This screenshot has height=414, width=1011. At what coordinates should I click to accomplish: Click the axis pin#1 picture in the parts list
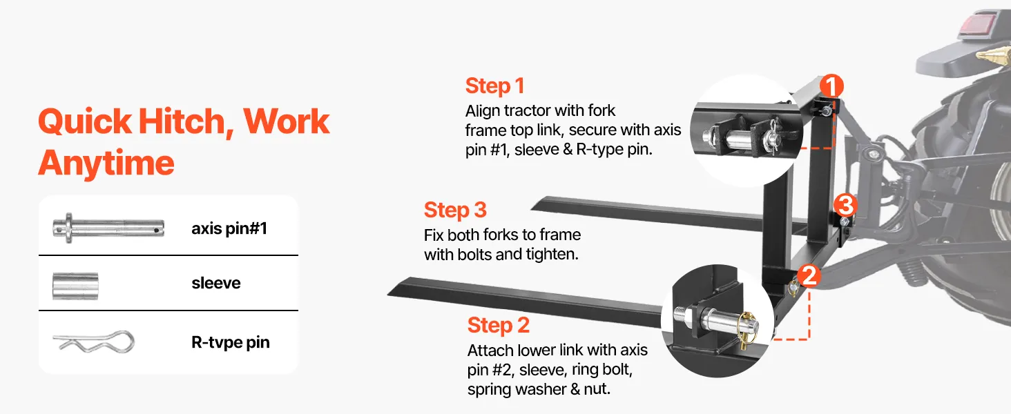108,228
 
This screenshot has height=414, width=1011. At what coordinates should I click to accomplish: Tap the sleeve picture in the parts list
75,286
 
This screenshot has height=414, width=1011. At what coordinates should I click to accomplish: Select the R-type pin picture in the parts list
94,342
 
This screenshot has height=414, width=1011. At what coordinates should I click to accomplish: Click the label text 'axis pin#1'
229,228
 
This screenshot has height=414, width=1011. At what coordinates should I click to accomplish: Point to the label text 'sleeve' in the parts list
216,283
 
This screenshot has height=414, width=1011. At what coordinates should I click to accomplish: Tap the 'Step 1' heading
494,86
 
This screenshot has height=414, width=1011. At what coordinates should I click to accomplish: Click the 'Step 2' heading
499,325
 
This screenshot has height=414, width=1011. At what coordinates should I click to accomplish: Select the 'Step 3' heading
455,210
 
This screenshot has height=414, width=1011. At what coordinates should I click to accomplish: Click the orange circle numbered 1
831,86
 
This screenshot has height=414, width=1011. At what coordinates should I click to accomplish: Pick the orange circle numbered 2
809,275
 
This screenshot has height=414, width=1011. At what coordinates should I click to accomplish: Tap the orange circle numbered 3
845,205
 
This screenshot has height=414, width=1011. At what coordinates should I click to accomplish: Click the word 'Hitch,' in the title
186,122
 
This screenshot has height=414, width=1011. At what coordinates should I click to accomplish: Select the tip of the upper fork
532,208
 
